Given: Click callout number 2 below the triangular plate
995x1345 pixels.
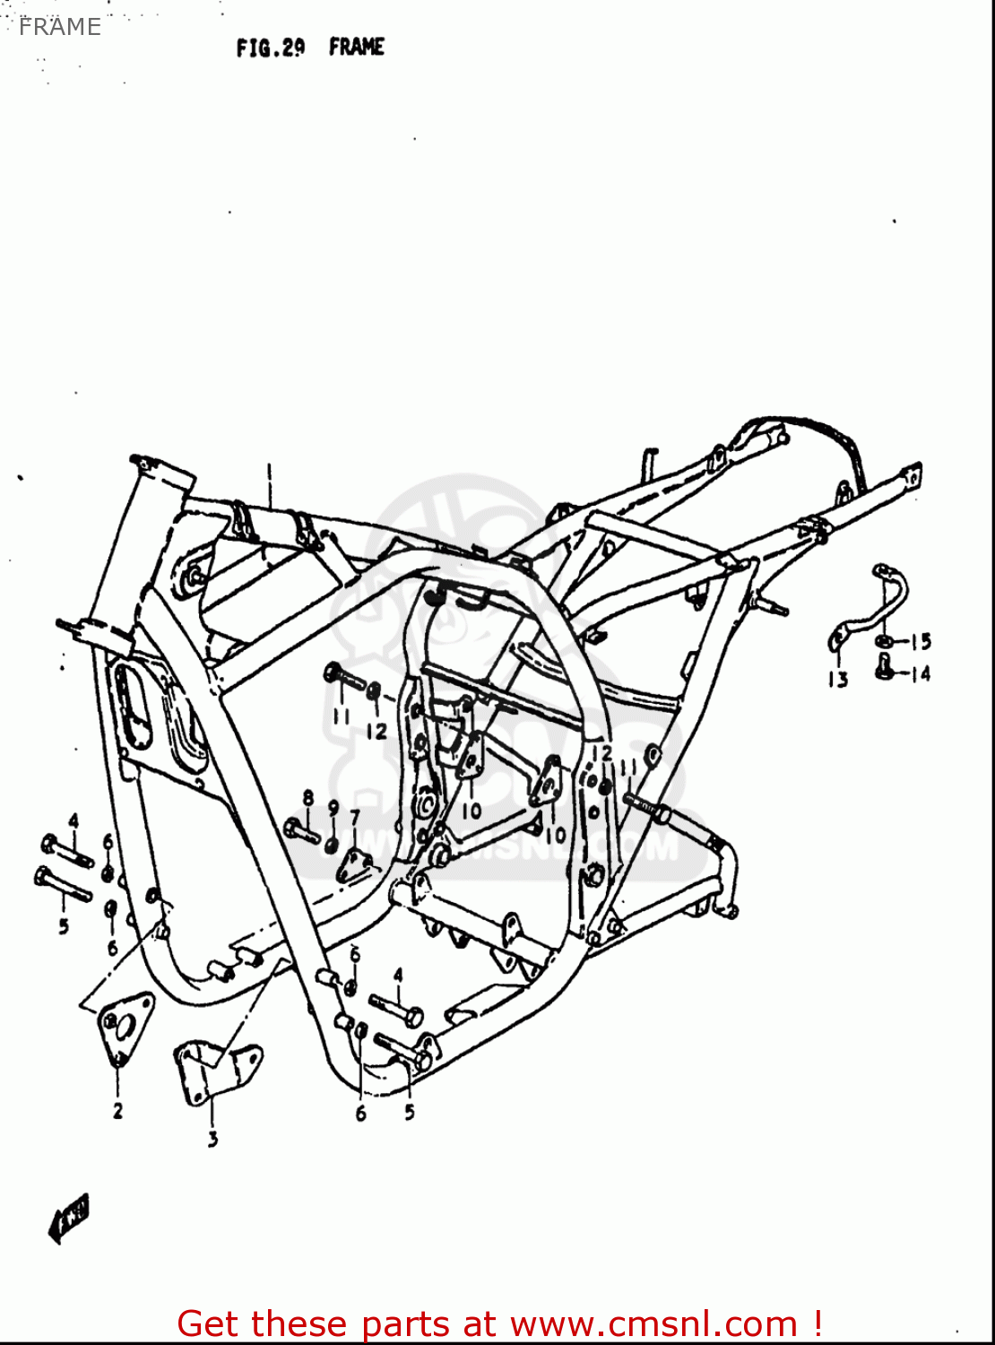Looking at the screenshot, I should (x=117, y=1111).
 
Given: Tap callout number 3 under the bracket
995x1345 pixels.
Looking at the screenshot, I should (x=212, y=1140).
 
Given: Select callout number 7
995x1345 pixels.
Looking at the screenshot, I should (x=355, y=817).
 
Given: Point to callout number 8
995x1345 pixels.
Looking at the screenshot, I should (x=308, y=797).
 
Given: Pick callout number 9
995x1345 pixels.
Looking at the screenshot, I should (x=333, y=809).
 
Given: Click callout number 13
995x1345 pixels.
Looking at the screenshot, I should (x=837, y=680).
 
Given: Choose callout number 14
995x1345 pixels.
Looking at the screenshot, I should (x=921, y=673).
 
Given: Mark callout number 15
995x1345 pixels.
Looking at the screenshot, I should (x=921, y=641).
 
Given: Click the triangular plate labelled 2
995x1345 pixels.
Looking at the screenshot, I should (x=123, y=1024).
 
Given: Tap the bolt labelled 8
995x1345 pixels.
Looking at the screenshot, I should (x=302, y=831).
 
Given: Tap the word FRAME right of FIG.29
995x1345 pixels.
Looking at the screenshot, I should (x=357, y=47).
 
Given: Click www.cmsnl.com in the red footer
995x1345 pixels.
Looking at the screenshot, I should (x=653, y=1323).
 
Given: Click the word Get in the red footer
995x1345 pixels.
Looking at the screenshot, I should (x=211, y=1323).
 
